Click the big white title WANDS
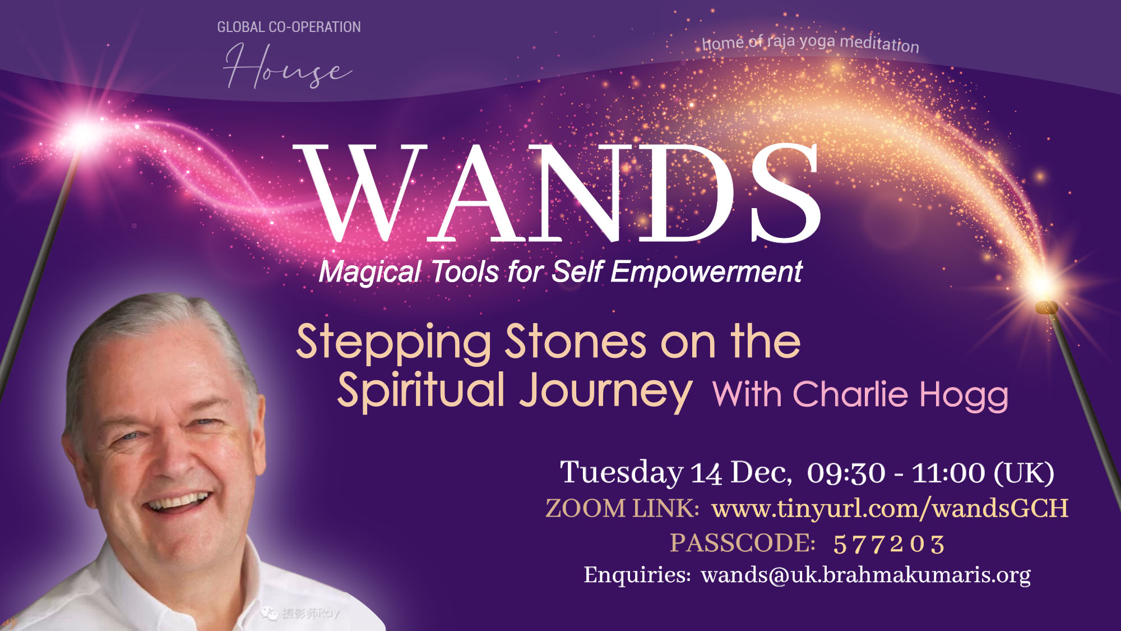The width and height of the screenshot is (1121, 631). click(x=557, y=192)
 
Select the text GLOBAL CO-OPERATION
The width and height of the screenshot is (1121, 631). click(x=289, y=27)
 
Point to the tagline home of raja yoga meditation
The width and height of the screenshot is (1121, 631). click(x=810, y=43)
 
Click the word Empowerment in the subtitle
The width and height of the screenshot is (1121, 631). click(x=706, y=272)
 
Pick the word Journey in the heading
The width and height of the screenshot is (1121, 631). click(x=606, y=392)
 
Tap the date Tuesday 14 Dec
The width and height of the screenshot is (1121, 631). click(x=676, y=472)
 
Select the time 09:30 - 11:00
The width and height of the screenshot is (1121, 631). click(x=896, y=473)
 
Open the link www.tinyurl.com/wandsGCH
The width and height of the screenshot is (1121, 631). click(x=890, y=508)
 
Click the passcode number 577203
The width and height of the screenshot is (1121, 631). click(x=889, y=544)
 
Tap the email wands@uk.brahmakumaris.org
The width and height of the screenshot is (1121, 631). click(x=866, y=575)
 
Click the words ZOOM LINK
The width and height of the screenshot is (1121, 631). click(x=622, y=509)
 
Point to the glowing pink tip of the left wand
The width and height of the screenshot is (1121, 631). click(x=84, y=133)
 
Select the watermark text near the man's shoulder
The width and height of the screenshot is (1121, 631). click(x=300, y=614)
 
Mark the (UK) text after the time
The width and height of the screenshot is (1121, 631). click(x=1023, y=473)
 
